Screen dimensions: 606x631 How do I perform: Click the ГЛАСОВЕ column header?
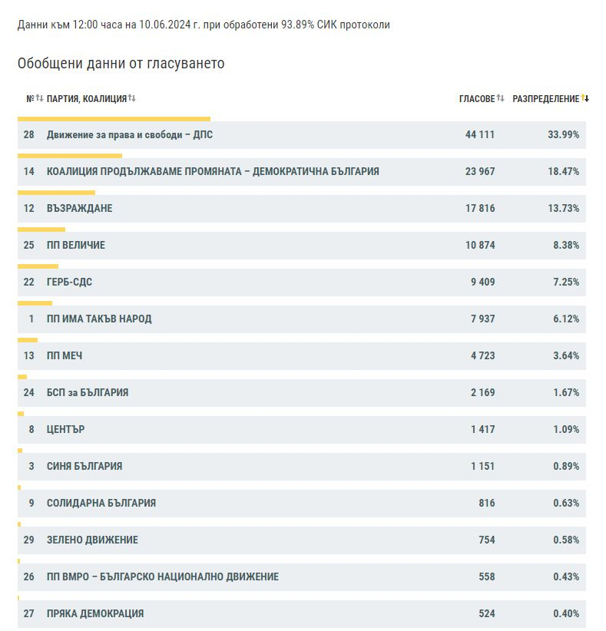tap(477, 98)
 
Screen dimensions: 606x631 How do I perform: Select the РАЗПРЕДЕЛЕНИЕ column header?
tap(545, 98)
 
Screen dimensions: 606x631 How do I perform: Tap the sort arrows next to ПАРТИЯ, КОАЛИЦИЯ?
tap(131, 98)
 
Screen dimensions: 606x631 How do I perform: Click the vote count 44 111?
tap(479, 134)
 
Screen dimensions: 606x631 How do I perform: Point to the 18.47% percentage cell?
tap(563, 171)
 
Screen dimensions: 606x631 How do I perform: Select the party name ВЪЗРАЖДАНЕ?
tap(79, 209)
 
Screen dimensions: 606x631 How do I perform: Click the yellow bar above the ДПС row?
tap(114, 119)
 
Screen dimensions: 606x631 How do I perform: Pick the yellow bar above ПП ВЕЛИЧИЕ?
tap(41, 230)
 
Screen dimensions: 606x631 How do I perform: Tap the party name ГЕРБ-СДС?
tap(69, 282)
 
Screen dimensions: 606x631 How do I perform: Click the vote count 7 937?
tap(483, 319)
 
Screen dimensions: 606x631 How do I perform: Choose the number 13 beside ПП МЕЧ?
tap(28, 355)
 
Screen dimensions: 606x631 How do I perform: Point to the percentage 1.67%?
tap(566, 392)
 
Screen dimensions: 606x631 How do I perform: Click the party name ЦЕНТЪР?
tap(65, 429)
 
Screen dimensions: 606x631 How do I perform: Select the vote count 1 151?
tap(482, 466)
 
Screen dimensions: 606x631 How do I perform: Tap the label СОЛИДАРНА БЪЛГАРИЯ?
tap(101, 503)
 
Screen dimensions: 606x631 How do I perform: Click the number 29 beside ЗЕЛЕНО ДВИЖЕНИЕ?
tap(28, 540)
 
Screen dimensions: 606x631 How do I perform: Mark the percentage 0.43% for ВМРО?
tap(566, 576)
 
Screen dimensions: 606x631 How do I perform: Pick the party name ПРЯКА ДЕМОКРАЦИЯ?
tap(95, 613)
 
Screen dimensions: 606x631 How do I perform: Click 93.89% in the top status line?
tap(297, 25)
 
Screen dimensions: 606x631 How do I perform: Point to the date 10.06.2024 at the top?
tap(164, 25)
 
